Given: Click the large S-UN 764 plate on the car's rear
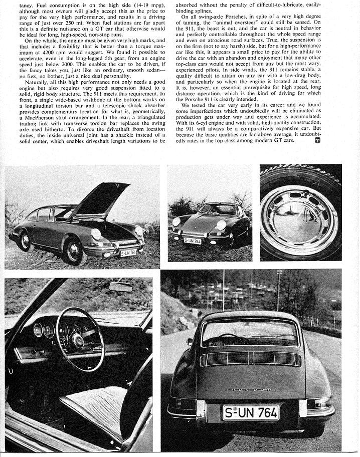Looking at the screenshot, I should tap(251, 412).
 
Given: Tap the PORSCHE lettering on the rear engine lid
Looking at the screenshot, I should tap(251, 389).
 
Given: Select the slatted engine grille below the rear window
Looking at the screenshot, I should tap(250, 358).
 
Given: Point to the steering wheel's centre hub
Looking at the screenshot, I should tap(78, 339).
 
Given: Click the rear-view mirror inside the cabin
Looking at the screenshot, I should tap(120, 287).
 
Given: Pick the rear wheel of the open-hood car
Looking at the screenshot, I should tap(25, 241).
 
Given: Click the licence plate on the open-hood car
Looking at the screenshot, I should tap(128, 252).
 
